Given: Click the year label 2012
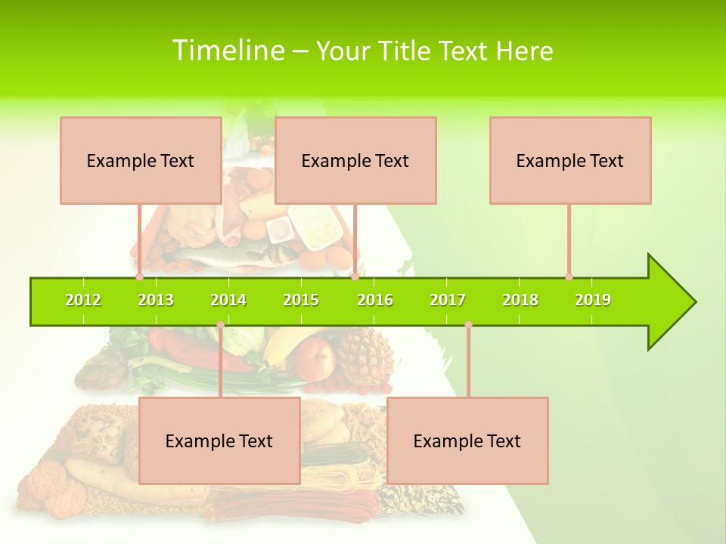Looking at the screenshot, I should coord(83,300).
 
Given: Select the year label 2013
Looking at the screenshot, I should coord(156,300).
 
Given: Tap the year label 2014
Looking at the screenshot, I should coord(228,300).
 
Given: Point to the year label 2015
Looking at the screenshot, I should coord(301,300).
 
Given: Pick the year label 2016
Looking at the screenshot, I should coord(375,300).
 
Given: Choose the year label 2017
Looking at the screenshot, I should coord(448,300).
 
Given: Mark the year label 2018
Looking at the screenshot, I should coord(520,300).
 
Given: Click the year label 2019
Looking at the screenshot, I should coord(593,300).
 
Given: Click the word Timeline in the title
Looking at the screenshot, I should coord(228,51).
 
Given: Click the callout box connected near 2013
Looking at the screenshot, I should coord(141,160).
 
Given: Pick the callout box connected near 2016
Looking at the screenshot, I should coord(355,160).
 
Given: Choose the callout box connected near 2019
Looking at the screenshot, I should coord(570,160).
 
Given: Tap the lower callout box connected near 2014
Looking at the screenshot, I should coord(219,440).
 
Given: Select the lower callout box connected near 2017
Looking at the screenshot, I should coord(467,440).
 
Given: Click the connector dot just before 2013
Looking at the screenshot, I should coord(140,277).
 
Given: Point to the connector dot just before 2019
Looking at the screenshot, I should coord(569,277).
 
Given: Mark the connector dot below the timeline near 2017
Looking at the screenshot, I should coord(468,325).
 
